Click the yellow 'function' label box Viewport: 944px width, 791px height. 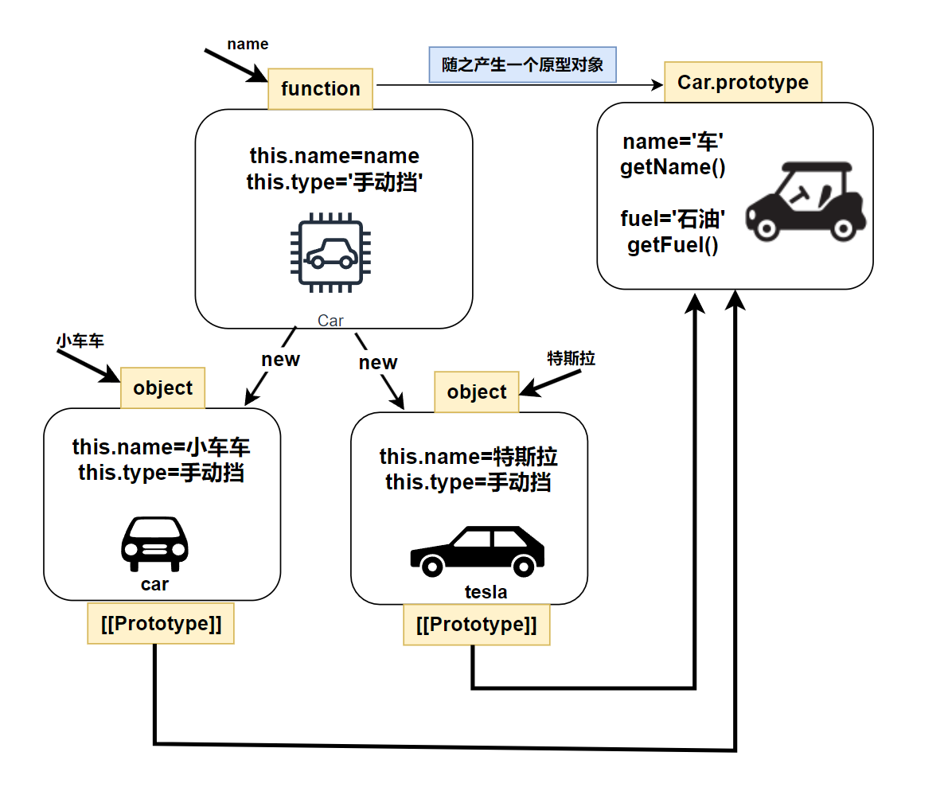[x=321, y=88]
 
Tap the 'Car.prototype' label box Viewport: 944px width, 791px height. [x=743, y=82]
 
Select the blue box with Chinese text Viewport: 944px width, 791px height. [x=522, y=64]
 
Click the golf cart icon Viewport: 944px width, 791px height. [x=806, y=200]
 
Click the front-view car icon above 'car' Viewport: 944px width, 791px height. [x=154, y=544]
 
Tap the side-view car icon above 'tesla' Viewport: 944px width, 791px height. [x=477, y=551]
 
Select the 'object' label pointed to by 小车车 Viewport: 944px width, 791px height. [x=162, y=388]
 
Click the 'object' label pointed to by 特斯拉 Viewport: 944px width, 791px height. [x=476, y=392]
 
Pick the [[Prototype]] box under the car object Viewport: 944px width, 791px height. [x=161, y=624]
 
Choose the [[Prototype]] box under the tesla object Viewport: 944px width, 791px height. [x=476, y=625]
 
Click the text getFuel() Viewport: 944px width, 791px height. [x=673, y=244]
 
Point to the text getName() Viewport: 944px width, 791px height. [x=673, y=167]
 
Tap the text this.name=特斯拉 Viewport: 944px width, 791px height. [x=469, y=457]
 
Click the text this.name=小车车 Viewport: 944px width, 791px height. [x=162, y=446]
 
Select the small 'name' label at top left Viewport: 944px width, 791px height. [x=248, y=44]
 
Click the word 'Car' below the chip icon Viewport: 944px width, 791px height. [x=330, y=321]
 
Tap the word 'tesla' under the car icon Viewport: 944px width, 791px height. [x=486, y=592]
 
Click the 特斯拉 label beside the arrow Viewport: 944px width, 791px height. [x=571, y=358]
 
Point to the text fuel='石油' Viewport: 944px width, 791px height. [x=673, y=219]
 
